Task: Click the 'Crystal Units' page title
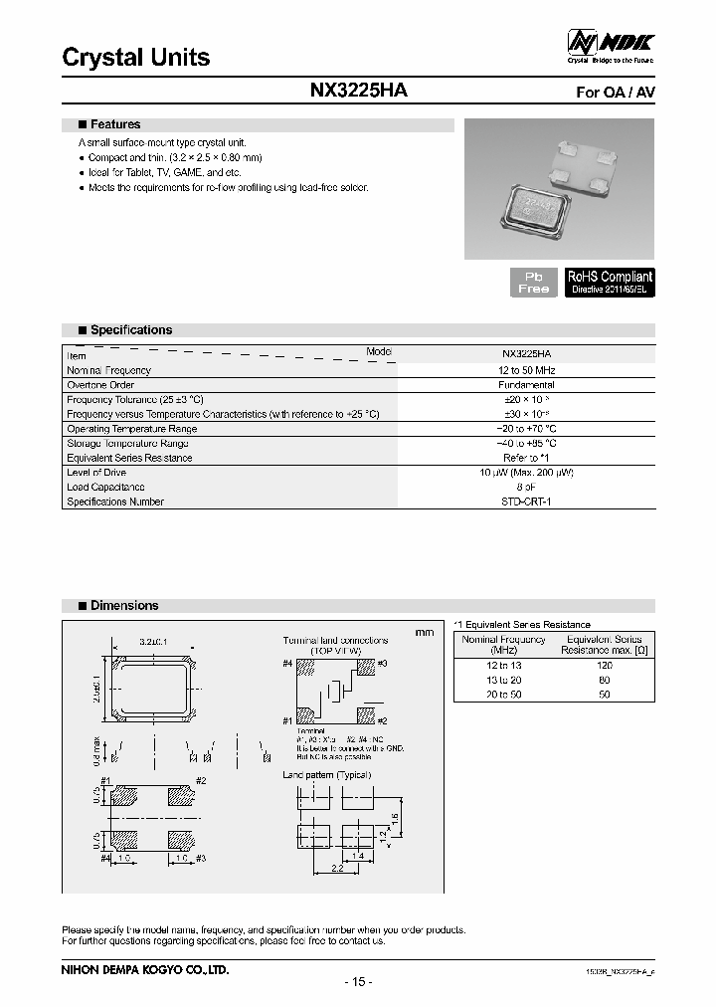136,58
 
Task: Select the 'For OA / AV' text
616,92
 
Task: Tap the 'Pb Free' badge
533,282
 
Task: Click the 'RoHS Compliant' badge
610,282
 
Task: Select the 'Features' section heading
114,125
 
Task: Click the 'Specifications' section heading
130,330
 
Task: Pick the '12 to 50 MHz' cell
527,369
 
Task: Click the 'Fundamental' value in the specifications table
527,384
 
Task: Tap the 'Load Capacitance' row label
105,488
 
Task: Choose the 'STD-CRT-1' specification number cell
527,503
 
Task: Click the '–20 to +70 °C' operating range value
527,429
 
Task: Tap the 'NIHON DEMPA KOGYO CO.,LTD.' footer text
145,968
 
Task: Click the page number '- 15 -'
357,982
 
